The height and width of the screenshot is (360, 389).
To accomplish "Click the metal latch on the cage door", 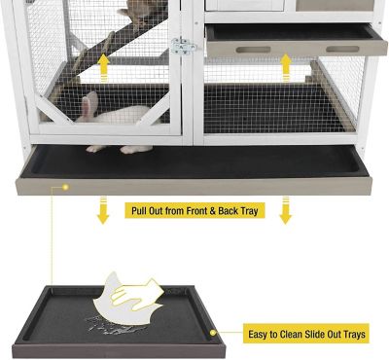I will click(181, 46).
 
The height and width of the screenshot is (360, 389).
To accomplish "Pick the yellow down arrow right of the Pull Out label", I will click(285, 209).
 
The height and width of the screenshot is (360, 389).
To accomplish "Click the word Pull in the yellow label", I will click(142, 209).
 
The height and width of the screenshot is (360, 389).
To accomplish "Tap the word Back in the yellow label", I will click(230, 209).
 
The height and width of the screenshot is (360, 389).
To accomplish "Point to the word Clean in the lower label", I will click(302, 334).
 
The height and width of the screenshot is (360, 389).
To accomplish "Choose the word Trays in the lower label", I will click(354, 334).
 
